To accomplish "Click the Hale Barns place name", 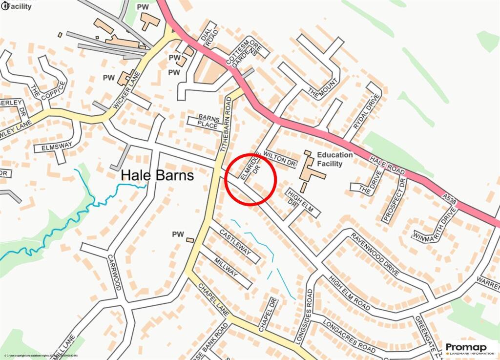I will pos(157,175).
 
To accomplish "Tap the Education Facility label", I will pos(334,159).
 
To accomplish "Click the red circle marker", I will pos(250,179).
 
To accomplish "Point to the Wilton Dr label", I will pos(280,160).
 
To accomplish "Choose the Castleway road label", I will pos(235,242).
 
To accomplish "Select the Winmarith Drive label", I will pos(435,227).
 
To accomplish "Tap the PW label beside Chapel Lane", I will pos(178,235).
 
